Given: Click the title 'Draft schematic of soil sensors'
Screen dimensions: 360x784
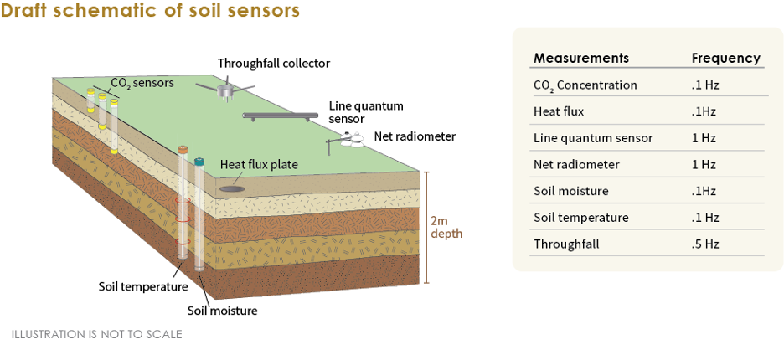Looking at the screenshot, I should tap(150, 12).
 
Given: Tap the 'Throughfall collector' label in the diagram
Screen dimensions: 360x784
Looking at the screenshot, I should tap(273, 63).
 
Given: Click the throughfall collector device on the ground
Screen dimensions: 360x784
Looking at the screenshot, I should tap(224, 90).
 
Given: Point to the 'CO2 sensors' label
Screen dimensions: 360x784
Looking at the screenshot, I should tap(142, 83).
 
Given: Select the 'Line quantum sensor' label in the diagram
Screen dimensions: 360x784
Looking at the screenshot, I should tap(366, 112).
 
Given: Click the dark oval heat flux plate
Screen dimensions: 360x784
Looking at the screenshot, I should tap(234, 189).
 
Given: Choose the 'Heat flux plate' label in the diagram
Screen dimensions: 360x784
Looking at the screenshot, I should tap(259, 164).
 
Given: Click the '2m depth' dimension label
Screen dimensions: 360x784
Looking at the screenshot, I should tap(446, 227).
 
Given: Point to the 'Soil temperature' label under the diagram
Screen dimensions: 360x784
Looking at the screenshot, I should tap(142, 286).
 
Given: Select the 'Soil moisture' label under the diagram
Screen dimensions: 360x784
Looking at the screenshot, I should tap(222, 311).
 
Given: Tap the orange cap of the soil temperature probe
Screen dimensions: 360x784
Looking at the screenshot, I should tap(183, 150).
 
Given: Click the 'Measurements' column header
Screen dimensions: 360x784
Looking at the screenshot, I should tap(580, 58).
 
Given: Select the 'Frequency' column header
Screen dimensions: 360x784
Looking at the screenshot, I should tap(725, 58).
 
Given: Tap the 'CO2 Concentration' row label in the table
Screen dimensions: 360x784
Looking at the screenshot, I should tap(585, 85).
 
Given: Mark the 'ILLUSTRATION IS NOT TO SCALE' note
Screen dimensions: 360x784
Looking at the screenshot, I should tap(96, 334).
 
